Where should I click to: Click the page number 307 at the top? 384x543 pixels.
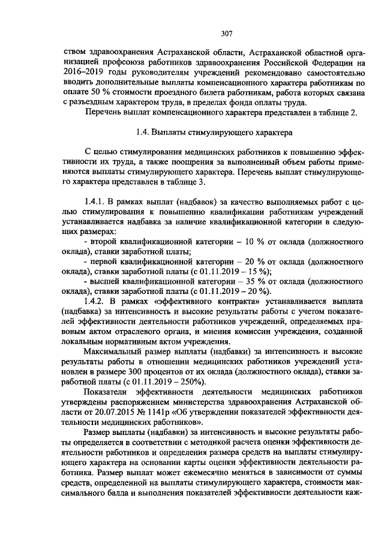tap(226, 34)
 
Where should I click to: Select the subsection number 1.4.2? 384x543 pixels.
tap(97, 301)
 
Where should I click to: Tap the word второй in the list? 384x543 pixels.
tap(104, 241)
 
